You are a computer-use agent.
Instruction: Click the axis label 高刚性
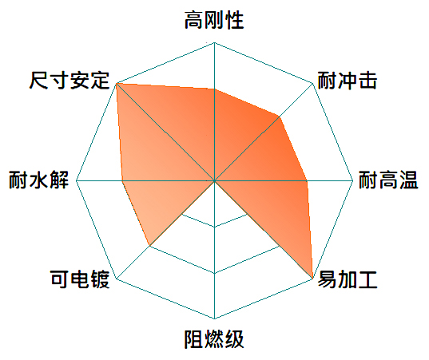(214, 20)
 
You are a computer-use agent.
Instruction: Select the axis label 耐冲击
(348, 81)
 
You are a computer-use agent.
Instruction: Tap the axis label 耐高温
(388, 180)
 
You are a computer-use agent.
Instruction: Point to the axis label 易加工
(348, 279)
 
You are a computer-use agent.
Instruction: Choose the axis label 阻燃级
(214, 339)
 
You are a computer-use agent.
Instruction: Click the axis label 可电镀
(80, 279)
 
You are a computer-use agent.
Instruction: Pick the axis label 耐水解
(38, 180)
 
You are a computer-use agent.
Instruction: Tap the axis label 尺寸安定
(70, 81)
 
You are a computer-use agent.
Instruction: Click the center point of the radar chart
(214, 180)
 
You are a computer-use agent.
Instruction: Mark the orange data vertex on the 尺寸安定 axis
(117, 83)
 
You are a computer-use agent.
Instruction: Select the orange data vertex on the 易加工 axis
(312, 279)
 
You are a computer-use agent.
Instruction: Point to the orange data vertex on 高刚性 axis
(214, 89)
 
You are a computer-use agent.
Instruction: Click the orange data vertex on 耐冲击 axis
(280, 117)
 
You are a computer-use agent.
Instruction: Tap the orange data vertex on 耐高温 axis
(307, 180)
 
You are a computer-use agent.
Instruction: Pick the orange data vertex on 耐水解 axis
(122, 180)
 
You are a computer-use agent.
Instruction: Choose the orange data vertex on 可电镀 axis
(149, 246)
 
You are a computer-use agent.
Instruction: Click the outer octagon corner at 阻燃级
(214, 318)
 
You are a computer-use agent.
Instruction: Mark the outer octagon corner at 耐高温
(353, 180)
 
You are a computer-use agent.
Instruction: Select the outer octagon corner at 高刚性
(214, 42)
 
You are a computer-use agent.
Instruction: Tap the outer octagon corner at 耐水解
(77, 180)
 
